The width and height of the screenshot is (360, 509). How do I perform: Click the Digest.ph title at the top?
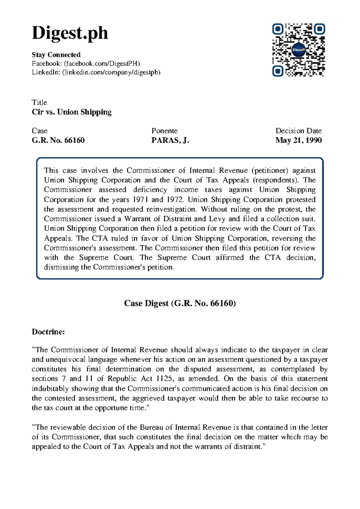(70, 33)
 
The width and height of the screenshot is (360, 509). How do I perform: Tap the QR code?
(298, 50)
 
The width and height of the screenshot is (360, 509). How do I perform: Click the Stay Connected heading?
(56, 55)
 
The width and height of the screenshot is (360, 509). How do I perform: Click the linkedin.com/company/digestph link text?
(111, 72)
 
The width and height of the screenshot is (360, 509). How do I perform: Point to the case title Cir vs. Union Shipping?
(71, 112)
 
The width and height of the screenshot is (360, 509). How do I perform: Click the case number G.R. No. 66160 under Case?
(58, 140)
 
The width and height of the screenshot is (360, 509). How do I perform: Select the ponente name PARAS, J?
(170, 140)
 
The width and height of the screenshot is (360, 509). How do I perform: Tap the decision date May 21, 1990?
(298, 140)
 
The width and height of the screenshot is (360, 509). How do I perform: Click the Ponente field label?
(164, 131)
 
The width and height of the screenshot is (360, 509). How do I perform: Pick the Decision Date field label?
(298, 131)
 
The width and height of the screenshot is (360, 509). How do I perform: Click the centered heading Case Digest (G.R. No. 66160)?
(180, 303)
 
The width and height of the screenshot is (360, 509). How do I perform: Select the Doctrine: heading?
(48, 332)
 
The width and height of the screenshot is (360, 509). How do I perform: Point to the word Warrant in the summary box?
(138, 219)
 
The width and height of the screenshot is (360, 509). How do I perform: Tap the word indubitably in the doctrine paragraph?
(50, 389)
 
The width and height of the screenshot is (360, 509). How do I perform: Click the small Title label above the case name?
(39, 102)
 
